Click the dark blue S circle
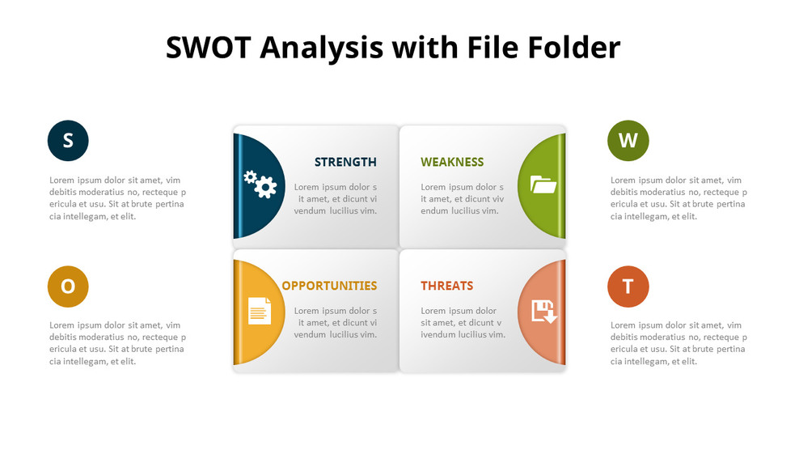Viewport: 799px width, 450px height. (x=68, y=141)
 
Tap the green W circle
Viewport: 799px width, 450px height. (x=628, y=141)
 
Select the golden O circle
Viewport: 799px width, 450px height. (x=68, y=287)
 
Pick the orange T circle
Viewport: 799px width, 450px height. (x=628, y=287)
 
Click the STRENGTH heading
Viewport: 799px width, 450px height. (x=345, y=162)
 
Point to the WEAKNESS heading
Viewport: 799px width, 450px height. (x=452, y=162)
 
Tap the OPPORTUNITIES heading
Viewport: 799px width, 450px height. (x=329, y=286)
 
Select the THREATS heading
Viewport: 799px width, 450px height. (x=447, y=286)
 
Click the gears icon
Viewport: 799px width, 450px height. (x=260, y=185)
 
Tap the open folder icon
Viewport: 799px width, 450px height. (x=543, y=185)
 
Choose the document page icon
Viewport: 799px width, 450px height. (x=260, y=311)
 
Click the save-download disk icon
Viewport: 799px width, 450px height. (x=544, y=312)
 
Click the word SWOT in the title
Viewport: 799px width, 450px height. (x=209, y=48)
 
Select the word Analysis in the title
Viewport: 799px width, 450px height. (x=322, y=49)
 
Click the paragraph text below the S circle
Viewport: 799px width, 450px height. (x=118, y=198)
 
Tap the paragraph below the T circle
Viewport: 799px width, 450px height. (x=679, y=343)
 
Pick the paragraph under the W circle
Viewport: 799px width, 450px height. (x=679, y=198)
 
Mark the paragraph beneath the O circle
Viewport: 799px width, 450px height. (x=118, y=343)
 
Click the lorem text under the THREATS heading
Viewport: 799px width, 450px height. (x=463, y=322)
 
